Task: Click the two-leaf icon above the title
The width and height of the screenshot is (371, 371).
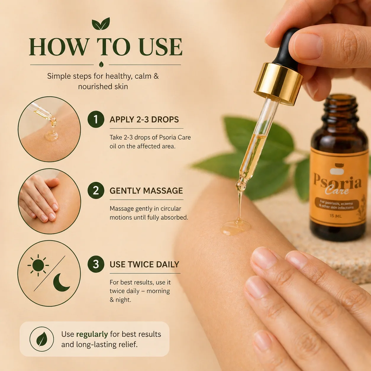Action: pos(101,24)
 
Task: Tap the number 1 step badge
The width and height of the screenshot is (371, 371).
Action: pos(96,119)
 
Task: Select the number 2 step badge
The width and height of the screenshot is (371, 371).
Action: pos(96,191)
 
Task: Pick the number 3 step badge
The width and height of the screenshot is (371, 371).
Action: pos(96,264)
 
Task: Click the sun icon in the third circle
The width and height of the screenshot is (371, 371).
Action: pos(38,265)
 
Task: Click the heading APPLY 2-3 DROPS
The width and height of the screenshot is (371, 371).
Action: pos(144,120)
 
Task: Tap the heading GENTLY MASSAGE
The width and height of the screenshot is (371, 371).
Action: pos(146,191)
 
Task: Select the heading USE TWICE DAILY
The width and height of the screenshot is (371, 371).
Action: pos(144,264)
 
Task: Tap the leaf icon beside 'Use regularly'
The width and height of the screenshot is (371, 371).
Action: pos(42,339)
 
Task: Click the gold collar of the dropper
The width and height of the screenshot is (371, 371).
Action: pos(278,84)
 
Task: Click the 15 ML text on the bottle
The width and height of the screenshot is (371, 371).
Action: pos(336,216)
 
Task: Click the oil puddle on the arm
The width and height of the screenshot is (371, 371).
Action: pos(236,228)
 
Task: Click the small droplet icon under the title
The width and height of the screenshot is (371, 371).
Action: pos(101,64)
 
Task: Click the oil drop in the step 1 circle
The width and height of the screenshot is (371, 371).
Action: pos(51,136)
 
